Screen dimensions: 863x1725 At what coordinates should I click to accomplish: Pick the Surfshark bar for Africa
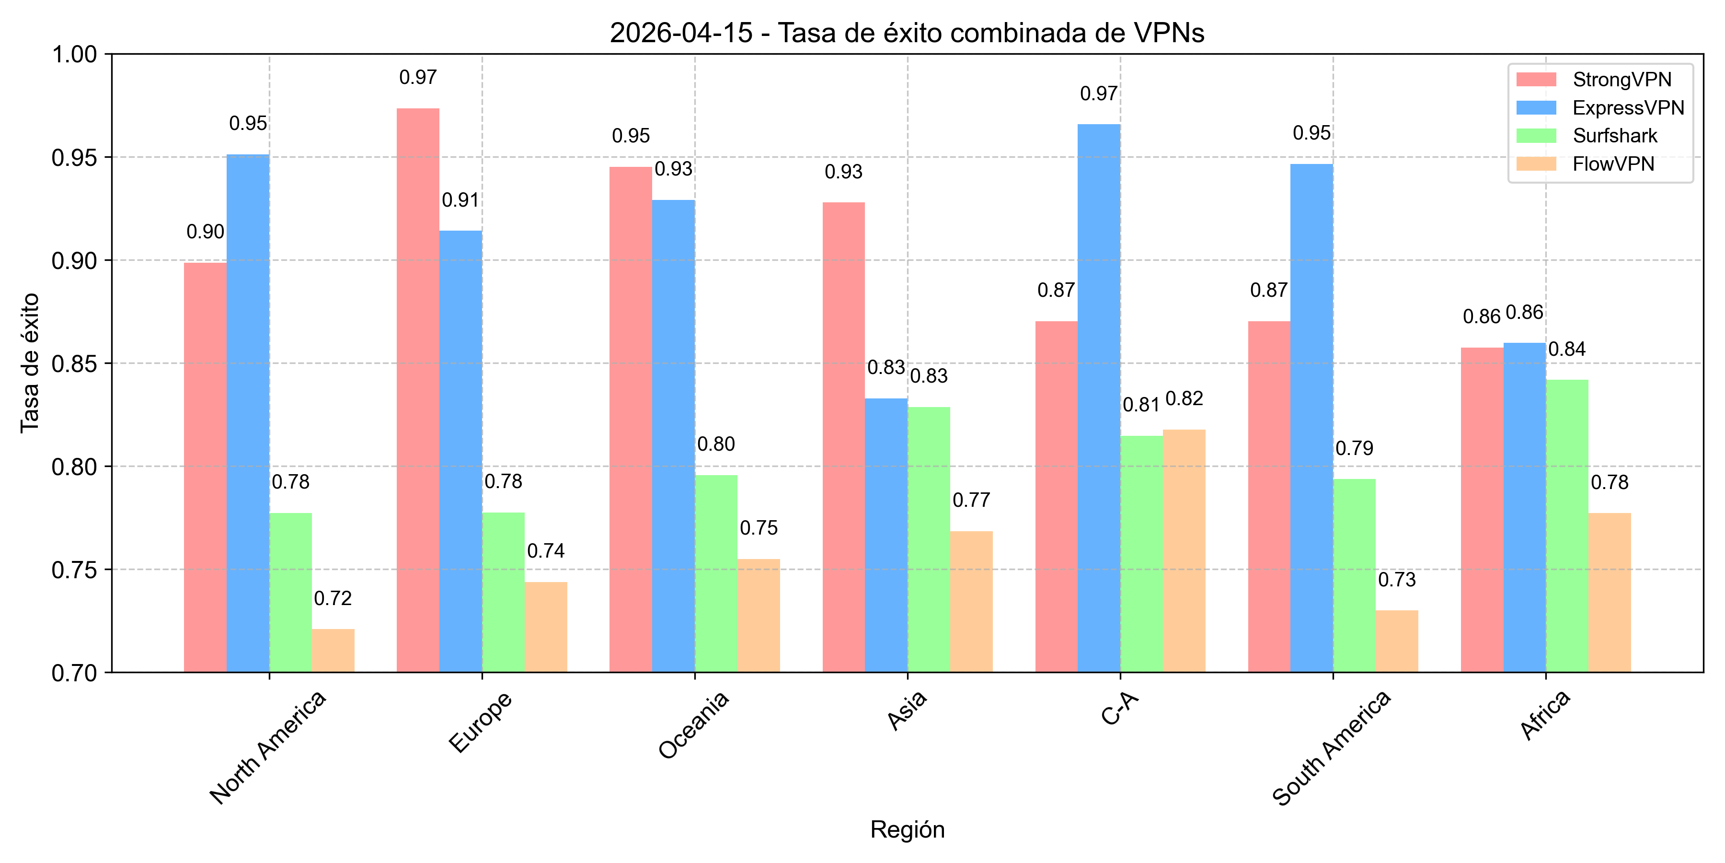[1567, 526]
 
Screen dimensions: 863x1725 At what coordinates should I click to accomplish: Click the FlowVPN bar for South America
[1397, 641]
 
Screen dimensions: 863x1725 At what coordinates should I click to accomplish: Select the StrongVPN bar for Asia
[843, 437]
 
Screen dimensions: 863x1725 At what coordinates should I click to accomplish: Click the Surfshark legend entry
[1614, 136]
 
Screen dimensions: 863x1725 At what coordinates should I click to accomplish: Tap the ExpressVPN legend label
[1628, 108]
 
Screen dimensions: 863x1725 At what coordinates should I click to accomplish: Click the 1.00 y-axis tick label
[74, 54]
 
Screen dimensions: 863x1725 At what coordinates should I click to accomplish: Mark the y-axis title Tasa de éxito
[30, 363]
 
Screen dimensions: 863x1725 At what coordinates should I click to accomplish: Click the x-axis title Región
[907, 829]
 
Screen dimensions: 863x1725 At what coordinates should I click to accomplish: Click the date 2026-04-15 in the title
[680, 33]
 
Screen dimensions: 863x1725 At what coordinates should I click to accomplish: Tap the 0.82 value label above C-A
[1184, 399]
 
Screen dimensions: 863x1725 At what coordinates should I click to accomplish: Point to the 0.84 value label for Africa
[1567, 349]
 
